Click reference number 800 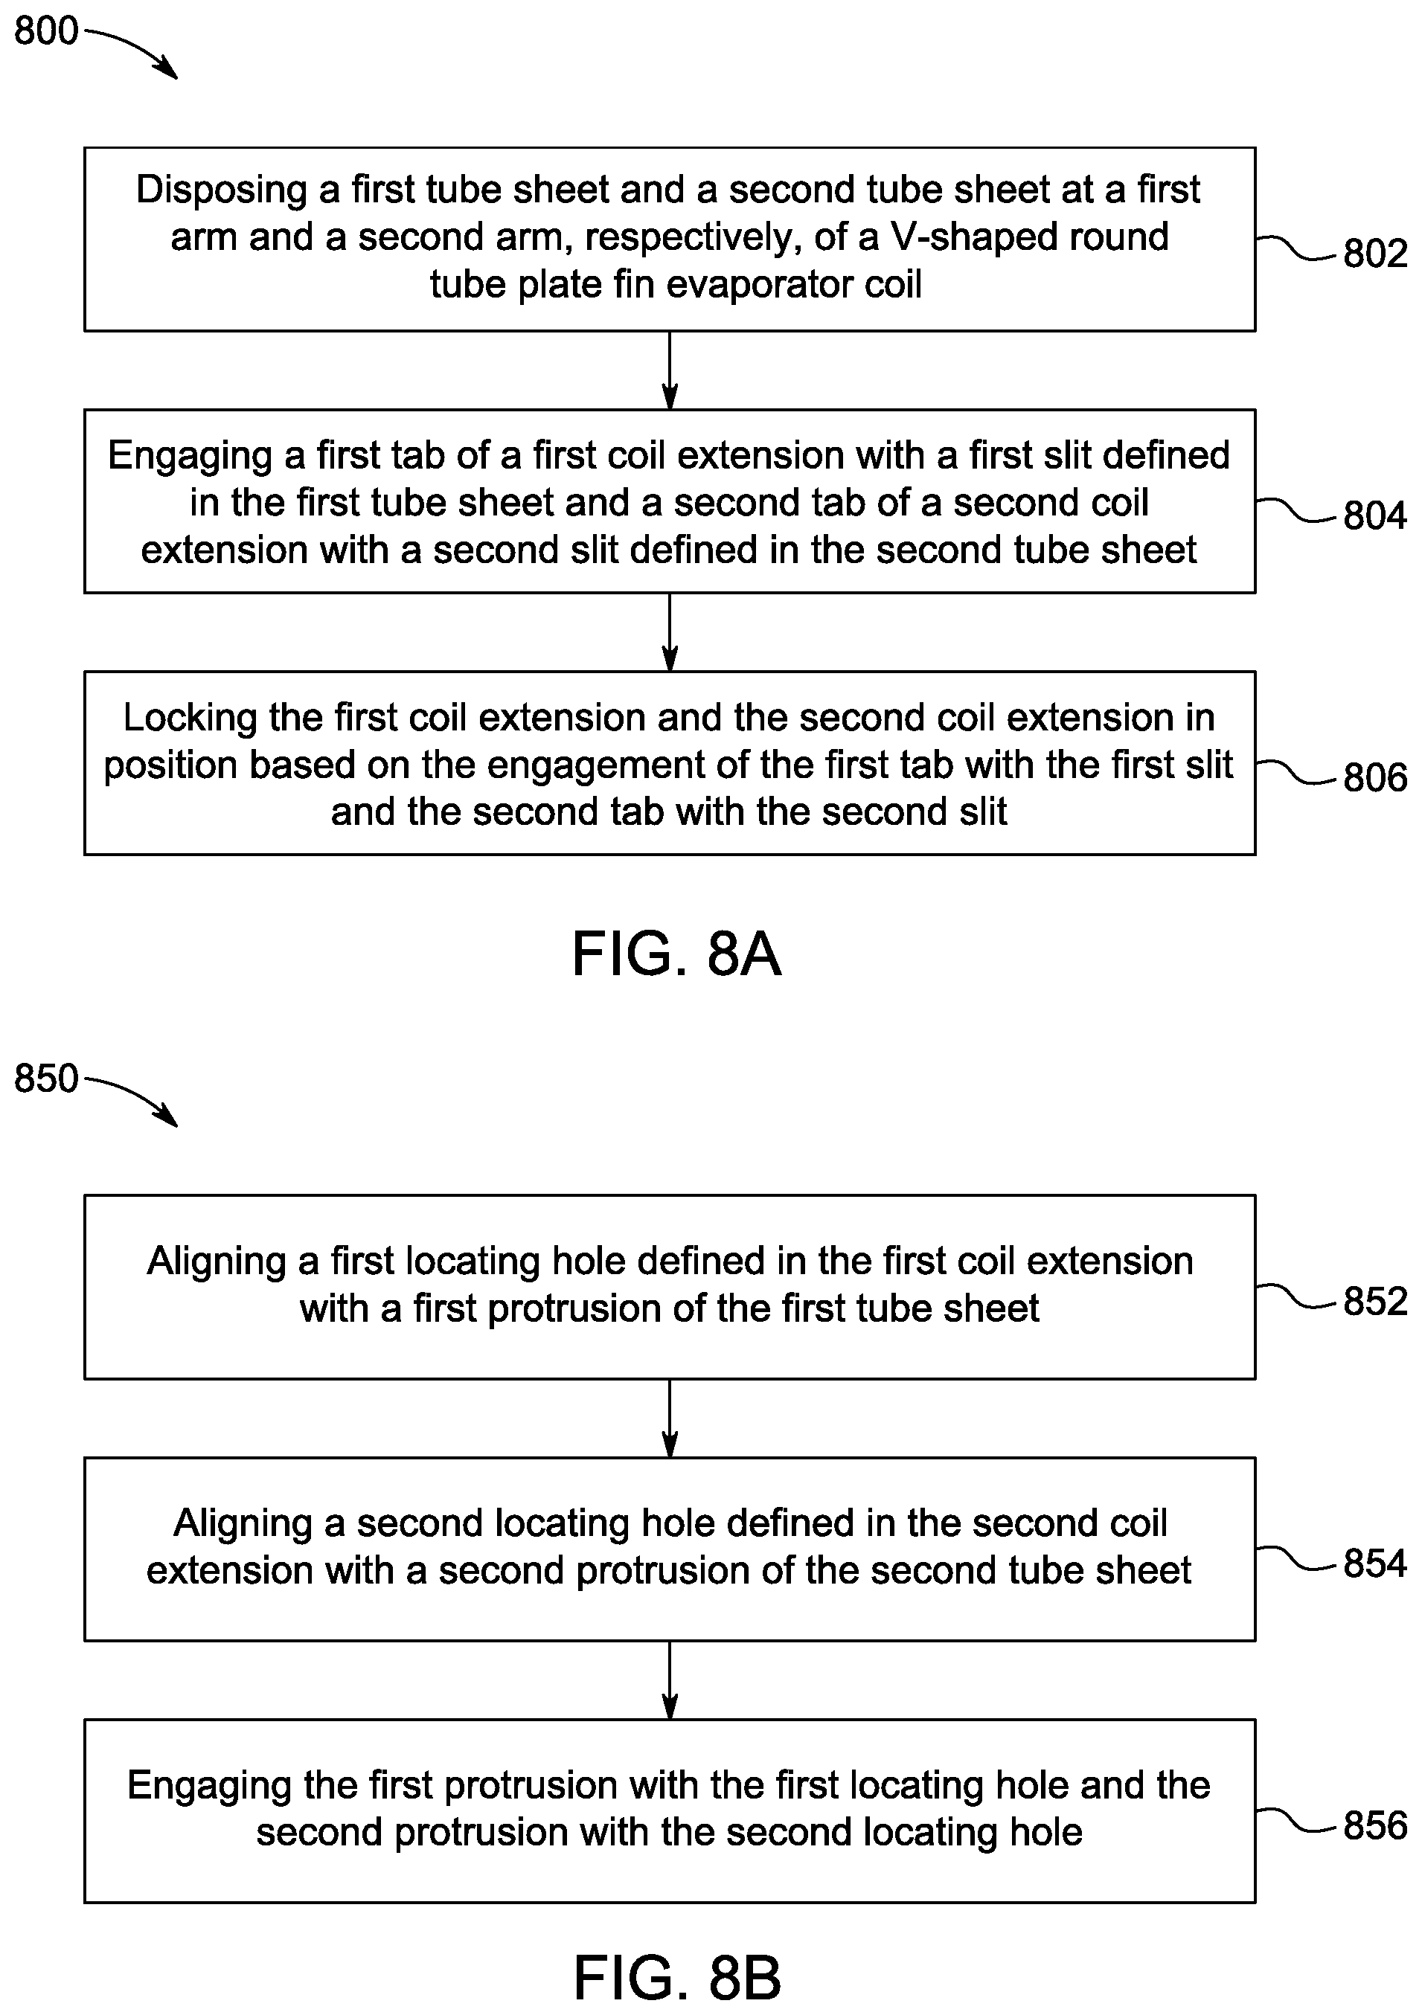point(47,31)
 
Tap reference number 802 point(1375,254)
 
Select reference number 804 point(1375,515)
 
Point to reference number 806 point(1375,777)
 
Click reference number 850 point(47,1079)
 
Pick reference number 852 point(1375,1302)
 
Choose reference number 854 point(1375,1564)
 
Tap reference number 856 point(1375,1826)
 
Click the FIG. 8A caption point(676,955)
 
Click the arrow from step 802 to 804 point(670,370)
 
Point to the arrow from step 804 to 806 point(670,633)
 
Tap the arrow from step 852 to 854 point(670,1419)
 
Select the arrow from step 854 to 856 point(670,1680)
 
